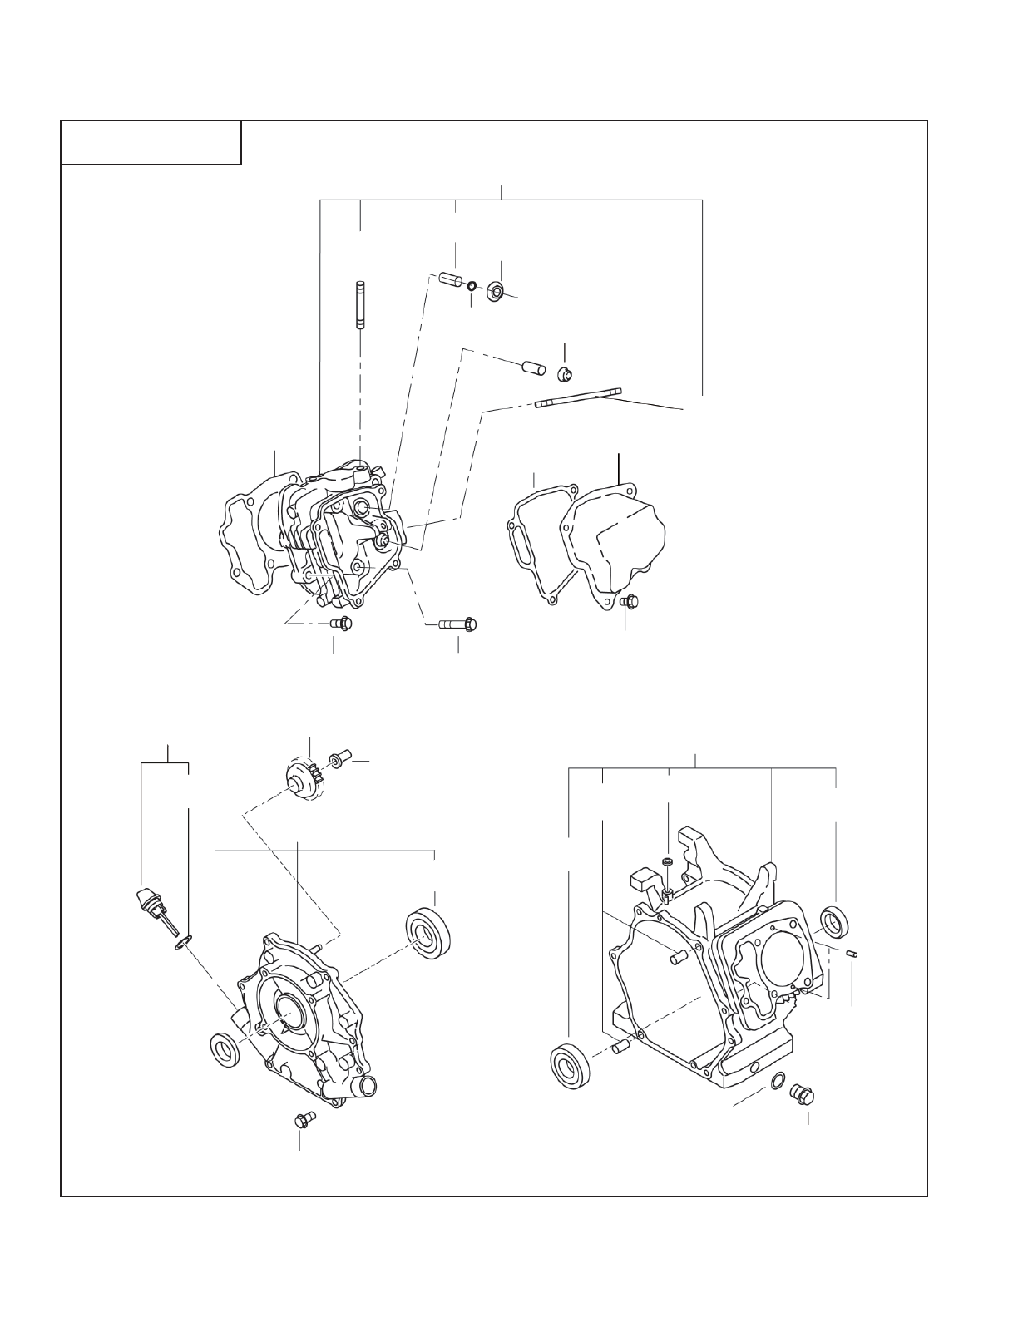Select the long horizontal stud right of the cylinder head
579,398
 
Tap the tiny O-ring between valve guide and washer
472,287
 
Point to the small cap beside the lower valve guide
565,372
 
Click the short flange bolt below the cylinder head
342,622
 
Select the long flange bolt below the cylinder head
458,623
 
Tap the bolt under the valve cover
630,600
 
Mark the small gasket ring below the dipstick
184,942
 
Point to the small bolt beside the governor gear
338,759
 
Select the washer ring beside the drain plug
777,1080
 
